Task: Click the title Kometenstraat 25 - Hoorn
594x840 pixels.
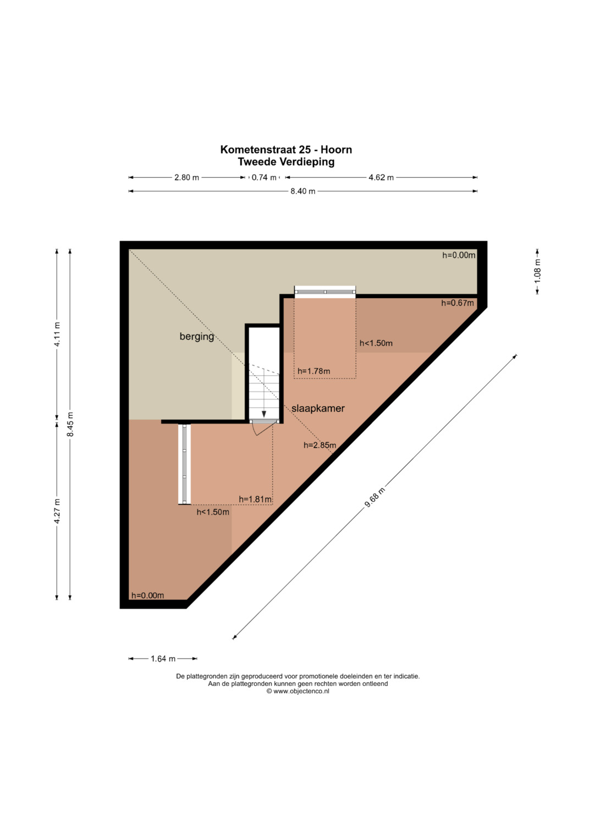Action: (286, 150)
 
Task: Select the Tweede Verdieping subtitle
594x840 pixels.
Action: (286, 162)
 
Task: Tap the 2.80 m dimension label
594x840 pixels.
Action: (186, 177)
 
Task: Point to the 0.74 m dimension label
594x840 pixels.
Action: (264, 177)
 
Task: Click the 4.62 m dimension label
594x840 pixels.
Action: (381, 177)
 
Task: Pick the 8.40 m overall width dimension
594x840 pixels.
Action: (302, 191)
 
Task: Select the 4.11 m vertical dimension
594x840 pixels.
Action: (57, 334)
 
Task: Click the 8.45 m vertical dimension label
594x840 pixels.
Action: (70, 424)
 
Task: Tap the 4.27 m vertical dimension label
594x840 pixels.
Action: (57, 512)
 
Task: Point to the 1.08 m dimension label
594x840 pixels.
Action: (537, 271)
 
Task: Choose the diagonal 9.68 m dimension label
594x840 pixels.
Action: (375, 497)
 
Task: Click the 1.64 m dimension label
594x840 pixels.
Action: (163, 658)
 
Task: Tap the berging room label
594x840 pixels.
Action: (196, 336)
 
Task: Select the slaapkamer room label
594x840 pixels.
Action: (318, 408)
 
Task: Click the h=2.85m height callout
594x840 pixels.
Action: (320, 445)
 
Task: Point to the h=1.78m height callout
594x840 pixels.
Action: (314, 371)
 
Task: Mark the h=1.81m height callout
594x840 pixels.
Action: (255, 499)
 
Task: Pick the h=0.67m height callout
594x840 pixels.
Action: (458, 303)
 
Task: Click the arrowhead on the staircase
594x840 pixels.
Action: (264, 414)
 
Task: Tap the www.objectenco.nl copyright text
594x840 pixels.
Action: (298, 691)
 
